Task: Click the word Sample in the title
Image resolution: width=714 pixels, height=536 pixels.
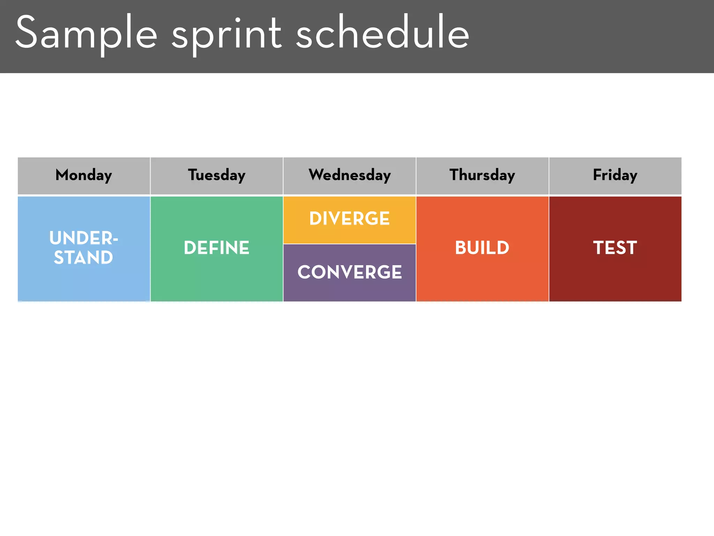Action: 86,33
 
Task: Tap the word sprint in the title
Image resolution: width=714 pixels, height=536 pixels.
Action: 227,33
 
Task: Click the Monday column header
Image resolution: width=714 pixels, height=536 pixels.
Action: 84,175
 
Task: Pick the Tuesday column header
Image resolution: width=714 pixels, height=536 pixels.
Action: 217,175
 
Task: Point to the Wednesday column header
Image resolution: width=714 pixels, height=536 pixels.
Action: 350,175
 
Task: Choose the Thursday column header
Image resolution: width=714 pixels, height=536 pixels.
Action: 482,175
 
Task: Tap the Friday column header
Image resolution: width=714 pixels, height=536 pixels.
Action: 615,175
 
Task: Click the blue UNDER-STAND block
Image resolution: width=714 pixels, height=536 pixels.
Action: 84,276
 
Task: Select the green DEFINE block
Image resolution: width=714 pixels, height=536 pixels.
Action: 217,276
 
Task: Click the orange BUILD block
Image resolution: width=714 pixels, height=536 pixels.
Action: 482,276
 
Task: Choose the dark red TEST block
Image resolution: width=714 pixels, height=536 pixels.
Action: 615,276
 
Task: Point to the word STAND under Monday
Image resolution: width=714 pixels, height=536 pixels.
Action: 84,258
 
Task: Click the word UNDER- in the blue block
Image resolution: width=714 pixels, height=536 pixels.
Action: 84,238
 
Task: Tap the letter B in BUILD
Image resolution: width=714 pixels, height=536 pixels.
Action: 461,248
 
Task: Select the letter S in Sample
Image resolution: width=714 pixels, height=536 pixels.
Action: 26,32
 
